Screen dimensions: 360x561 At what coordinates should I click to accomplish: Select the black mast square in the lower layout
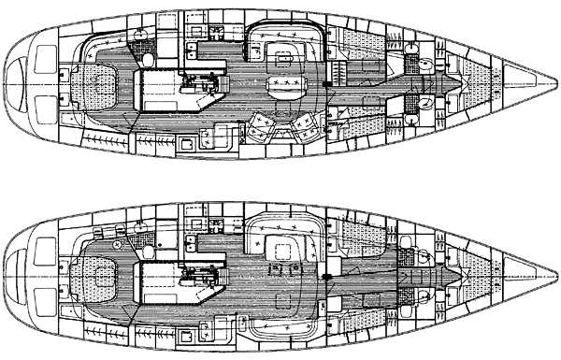(x=325, y=278)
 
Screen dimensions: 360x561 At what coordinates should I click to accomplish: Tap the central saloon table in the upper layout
(x=285, y=86)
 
